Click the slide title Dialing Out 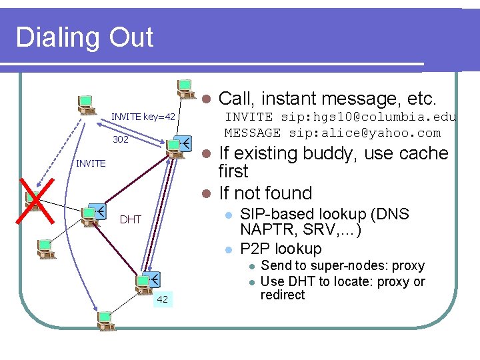click(x=85, y=37)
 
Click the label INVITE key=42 click(x=143, y=117)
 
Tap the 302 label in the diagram click(x=121, y=140)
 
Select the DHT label click(x=130, y=219)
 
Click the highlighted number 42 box click(x=162, y=299)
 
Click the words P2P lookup click(x=281, y=249)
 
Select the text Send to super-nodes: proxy click(x=343, y=265)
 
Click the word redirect click(x=283, y=295)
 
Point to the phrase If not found click(x=265, y=193)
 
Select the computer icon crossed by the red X click(x=33, y=200)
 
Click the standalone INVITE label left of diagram click(x=91, y=163)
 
